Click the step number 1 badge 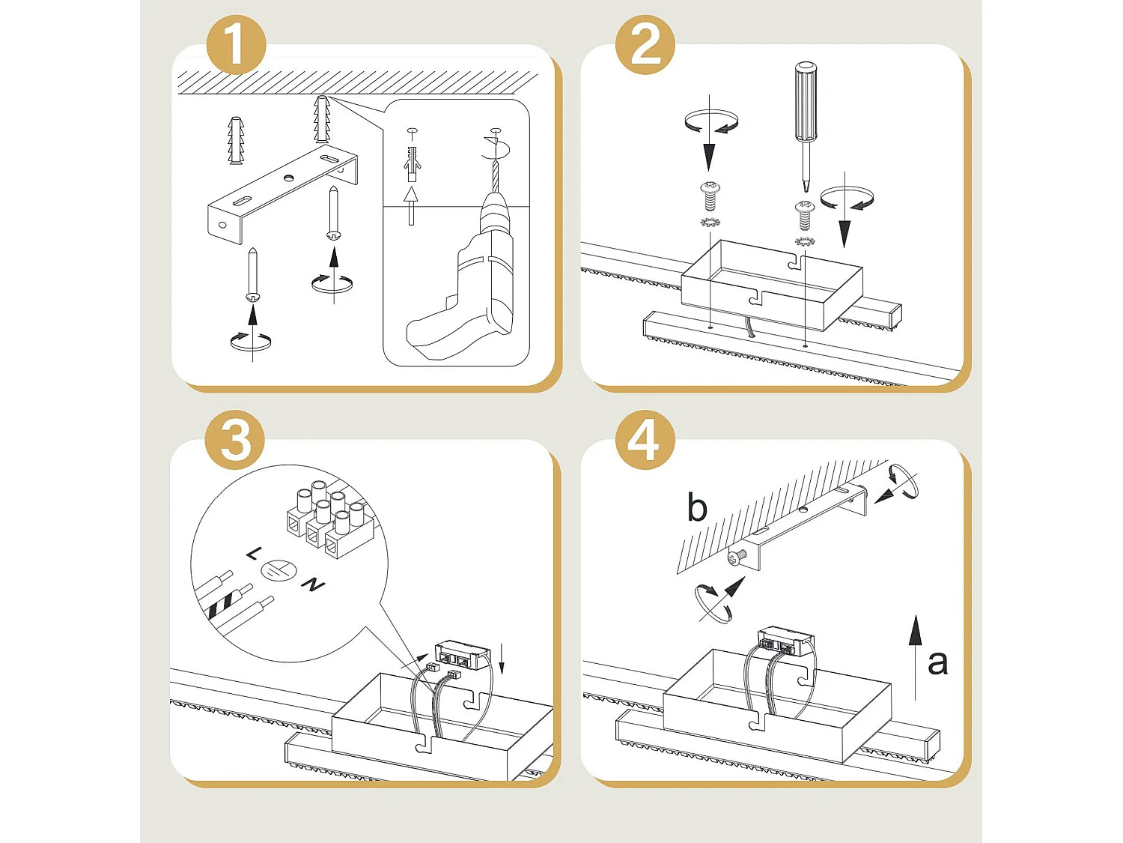pyautogui.click(x=235, y=44)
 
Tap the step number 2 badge pyautogui.click(x=645, y=44)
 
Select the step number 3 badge pyautogui.click(x=235, y=440)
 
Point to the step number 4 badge pyautogui.click(x=645, y=440)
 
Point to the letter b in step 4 pyautogui.click(x=697, y=508)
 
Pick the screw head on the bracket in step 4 pyautogui.click(x=737, y=557)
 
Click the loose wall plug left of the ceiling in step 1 pyautogui.click(x=236, y=140)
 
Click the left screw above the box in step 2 pyautogui.click(x=709, y=196)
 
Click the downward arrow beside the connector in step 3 pyautogui.click(x=502, y=659)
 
